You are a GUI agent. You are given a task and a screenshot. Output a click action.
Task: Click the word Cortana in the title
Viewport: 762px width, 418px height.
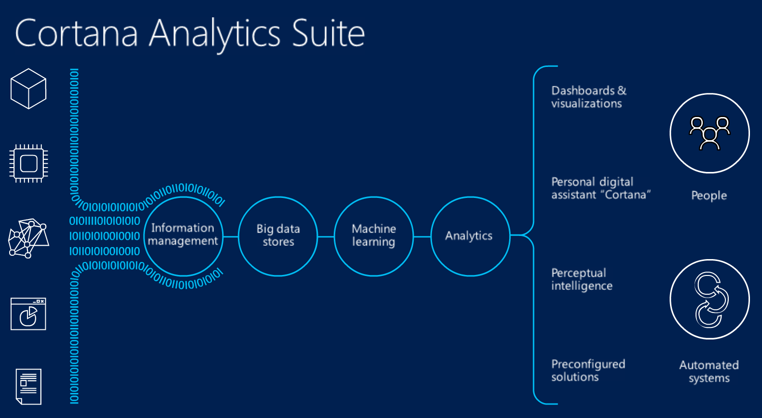(77, 33)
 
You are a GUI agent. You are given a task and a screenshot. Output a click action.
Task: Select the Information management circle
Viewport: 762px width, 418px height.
(184, 197)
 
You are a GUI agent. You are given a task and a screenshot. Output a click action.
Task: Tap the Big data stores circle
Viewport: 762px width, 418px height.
(278, 197)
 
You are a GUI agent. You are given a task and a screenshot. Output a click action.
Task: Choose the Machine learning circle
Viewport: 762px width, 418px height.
(374, 197)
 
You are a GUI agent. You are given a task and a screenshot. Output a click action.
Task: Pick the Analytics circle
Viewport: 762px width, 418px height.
(471, 197)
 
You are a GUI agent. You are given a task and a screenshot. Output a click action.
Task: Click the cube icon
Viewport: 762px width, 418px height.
(28, 89)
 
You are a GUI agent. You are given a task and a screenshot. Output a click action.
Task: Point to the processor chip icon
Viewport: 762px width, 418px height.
(28, 164)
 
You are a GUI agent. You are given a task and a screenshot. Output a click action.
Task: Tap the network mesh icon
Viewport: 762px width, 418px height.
(28, 238)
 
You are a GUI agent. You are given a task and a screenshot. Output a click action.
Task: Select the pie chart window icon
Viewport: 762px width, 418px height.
(28, 314)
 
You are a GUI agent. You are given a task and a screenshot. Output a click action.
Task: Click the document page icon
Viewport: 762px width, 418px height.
(28, 387)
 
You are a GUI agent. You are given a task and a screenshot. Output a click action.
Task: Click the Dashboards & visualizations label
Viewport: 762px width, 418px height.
(589, 97)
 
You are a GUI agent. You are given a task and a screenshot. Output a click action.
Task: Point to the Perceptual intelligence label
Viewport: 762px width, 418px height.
(582, 279)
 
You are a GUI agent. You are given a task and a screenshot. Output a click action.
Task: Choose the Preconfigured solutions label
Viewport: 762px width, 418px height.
(588, 370)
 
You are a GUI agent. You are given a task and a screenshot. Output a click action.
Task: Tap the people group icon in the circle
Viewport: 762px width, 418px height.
(709, 133)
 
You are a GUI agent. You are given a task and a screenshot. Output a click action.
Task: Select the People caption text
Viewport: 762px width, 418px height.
(709, 196)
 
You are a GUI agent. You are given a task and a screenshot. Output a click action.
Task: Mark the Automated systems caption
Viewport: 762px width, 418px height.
(709, 372)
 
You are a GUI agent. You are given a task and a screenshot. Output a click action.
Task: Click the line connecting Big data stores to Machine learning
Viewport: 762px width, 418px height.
(326, 236)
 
